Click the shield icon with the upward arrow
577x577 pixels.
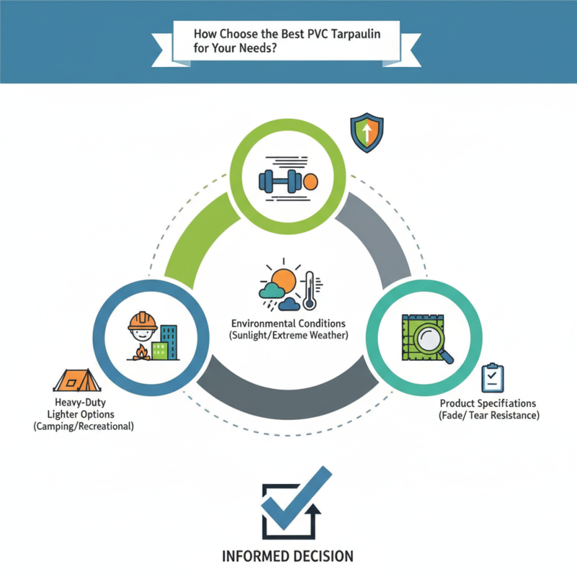pyautogui.click(x=366, y=133)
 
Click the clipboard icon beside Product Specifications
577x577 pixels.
pyautogui.click(x=493, y=376)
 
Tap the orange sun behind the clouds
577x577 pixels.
pyautogui.click(x=283, y=280)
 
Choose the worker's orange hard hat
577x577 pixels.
pyautogui.click(x=143, y=320)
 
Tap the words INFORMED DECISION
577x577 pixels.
pyautogui.click(x=287, y=556)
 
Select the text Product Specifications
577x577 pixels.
pyautogui.click(x=488, y=403)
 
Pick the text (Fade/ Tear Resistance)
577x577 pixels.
pyautogui.click(x=488, y=416)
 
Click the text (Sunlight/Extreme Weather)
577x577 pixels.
pyautogui.click(x=288, y=335)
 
